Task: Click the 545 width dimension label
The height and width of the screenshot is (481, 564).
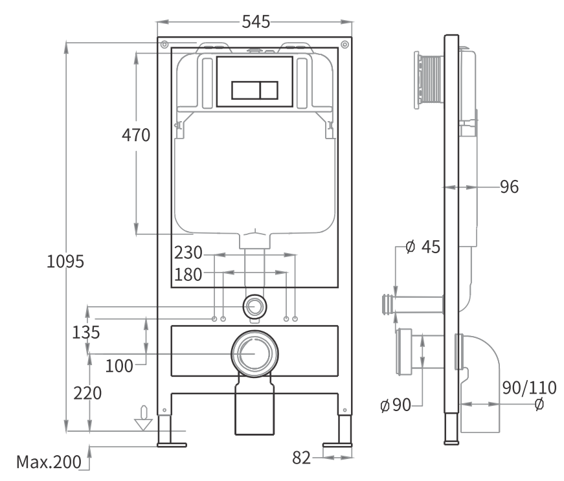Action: pos(256,21)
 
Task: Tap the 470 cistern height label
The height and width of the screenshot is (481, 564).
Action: pos(136,135)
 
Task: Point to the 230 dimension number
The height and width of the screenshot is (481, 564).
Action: pos(188,252)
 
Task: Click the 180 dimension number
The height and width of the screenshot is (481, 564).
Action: pos(188,274)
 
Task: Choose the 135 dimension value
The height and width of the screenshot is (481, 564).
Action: pos(86,333)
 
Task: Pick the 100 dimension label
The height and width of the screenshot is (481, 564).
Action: pos(119,366)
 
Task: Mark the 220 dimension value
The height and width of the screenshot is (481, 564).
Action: pos(87,394)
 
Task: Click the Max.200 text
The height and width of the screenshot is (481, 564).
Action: pos(49,462)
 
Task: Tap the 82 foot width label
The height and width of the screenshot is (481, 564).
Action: pos(301,458)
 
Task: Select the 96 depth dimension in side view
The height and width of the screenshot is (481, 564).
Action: pos(509,187)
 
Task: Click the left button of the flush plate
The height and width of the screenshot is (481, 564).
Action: pos(245,89)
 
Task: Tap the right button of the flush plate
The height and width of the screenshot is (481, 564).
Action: pos(269,89)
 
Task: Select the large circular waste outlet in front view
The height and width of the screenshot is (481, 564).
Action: pos(253,353)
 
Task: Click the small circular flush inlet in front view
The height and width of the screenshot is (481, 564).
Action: pos(254,306)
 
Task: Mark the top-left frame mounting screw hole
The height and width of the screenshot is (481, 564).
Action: pos(164,45)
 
